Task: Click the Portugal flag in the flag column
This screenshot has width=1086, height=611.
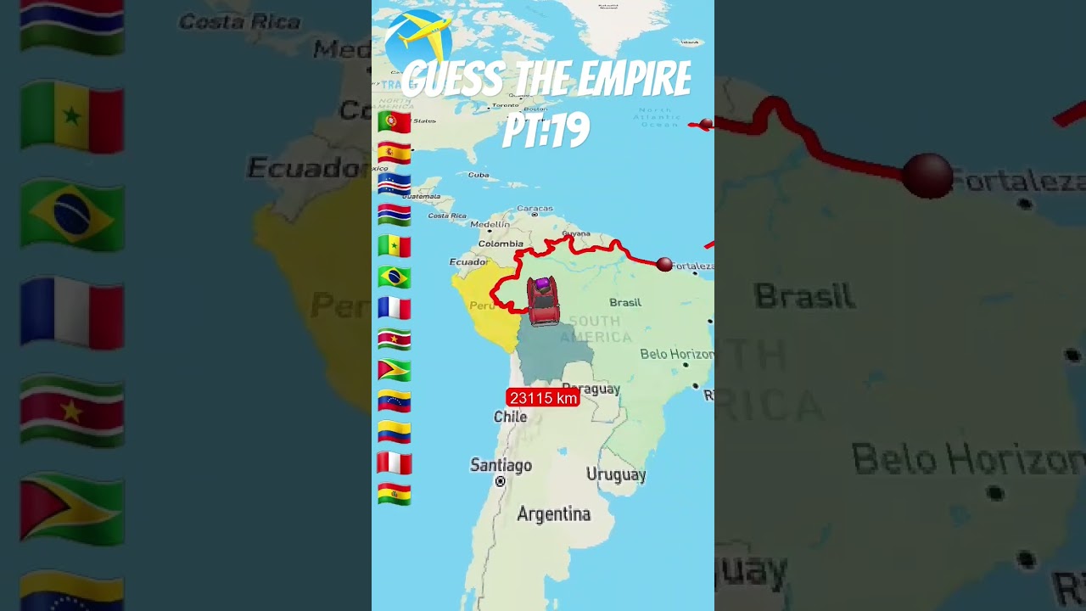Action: [395, 121]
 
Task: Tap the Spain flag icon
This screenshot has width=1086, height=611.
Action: [395, 153]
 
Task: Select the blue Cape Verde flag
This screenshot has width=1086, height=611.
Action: [395, 184]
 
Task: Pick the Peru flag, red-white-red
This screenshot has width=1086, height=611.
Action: [395, 463]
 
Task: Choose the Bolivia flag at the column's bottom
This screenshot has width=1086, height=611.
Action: [395, 494]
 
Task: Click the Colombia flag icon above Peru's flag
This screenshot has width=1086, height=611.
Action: [395, 433]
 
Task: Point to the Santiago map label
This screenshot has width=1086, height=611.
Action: [501, 465]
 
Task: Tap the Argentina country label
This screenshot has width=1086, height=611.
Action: [553, 513]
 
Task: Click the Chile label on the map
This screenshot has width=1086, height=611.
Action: [510, 417]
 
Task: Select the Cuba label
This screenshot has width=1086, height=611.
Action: [479, 175]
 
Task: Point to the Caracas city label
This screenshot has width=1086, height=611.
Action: [535, 208]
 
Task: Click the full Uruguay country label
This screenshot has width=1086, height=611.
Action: [616, 474]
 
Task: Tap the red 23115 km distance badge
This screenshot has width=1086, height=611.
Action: [543, 397]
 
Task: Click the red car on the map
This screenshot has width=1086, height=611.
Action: [542, 301]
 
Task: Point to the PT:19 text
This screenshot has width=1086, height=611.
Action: [546, 131]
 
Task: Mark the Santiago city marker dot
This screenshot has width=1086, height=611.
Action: [501, 481]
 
